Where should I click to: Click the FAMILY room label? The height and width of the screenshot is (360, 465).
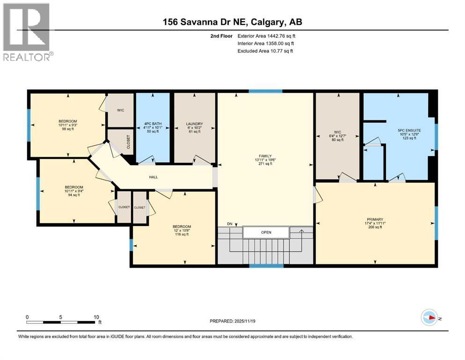[265, 156]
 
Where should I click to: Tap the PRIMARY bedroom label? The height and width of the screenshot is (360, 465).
[375, 219]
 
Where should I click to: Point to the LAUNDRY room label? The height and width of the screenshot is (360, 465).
[194, 124]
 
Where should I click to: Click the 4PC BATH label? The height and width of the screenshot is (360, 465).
[153, 124]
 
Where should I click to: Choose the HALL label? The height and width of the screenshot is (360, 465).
[153, 177]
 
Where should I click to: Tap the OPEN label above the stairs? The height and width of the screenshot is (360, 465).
[266, 232]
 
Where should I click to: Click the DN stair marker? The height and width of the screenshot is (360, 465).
[229, 224]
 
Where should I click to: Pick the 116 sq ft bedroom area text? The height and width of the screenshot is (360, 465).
[182, 234]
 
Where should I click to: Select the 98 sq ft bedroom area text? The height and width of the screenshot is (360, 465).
[68, 129]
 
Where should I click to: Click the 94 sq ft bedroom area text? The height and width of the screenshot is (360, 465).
[74, 195]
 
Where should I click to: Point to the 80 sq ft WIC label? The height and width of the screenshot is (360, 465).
[338, 140]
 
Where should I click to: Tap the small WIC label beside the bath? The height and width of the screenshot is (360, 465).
[120, 110]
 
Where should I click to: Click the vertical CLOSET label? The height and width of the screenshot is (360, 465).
[128, 142]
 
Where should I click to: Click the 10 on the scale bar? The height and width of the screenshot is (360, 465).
[96, 317]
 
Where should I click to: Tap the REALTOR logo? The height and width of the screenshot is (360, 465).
[27, 32]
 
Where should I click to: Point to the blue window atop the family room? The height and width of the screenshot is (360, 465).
[266, 91]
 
